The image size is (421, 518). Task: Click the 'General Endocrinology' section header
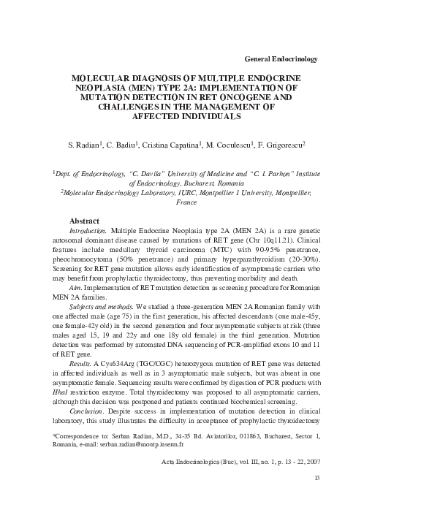[284, 58]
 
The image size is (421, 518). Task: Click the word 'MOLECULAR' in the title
[104, 77]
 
